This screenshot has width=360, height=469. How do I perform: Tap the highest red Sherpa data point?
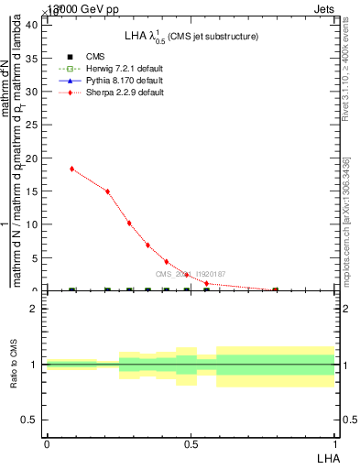[72, 169]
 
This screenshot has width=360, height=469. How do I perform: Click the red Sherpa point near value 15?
[107, 191]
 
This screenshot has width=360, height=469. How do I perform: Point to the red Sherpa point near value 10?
[129, 223]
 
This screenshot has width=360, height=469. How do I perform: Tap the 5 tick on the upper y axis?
[37, 258]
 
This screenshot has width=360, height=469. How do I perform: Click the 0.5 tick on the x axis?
[191, 443]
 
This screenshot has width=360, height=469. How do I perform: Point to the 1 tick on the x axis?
[334, 443]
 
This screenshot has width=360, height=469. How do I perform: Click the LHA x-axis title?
[327, 457]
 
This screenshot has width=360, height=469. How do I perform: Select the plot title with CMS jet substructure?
[191, 36]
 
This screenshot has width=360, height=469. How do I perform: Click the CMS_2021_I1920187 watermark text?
[190, 274]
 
